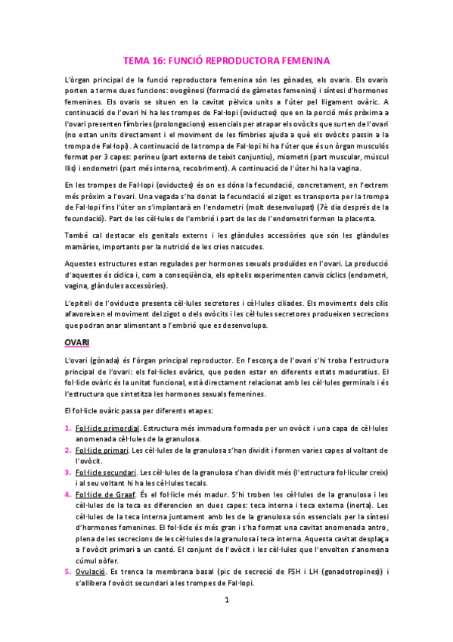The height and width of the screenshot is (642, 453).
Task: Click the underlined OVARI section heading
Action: [x=76, y=343]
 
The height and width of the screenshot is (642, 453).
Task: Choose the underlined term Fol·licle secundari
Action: [x=107, y=472]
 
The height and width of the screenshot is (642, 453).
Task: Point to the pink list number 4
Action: [x=67, y=494]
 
